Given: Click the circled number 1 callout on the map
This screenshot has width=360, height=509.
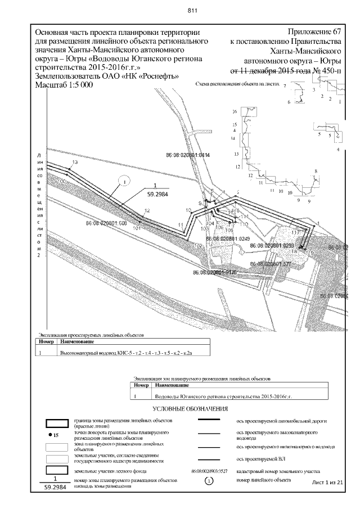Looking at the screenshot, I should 125,181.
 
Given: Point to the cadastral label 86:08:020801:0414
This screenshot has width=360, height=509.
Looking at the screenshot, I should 187,154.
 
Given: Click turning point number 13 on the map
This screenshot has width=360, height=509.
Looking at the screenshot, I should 74,162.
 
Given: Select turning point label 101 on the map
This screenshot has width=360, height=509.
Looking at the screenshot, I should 136,228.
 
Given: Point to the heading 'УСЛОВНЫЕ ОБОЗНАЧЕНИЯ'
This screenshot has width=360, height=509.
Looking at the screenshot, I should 186,409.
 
